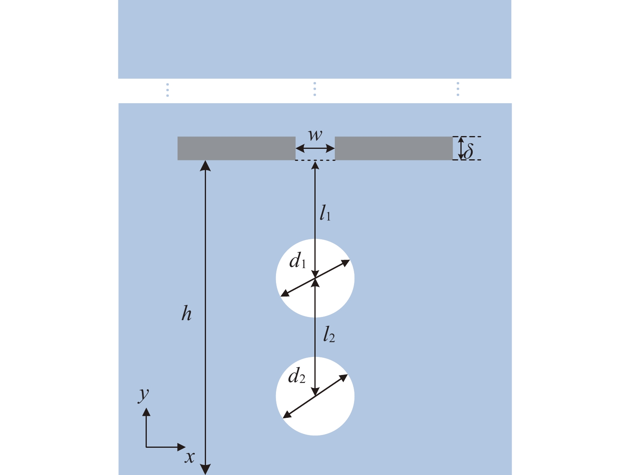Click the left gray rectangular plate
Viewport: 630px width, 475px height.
coord(236,148)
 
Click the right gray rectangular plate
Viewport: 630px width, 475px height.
coord(394,148)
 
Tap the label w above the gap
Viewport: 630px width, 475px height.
coord(315,135)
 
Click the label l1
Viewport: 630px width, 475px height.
coord(325,213)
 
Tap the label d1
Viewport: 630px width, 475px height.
coord(298,261)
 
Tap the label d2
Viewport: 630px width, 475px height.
coord(297,376)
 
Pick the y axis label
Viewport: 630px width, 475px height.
coord(143,394)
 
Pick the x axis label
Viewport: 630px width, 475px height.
coord(190,457)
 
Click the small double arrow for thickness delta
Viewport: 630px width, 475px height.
coord(461,148)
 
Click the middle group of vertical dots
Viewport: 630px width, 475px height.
coord(315,89)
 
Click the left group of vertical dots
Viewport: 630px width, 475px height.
coord(167,90)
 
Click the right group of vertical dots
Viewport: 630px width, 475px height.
coord(458,89)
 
